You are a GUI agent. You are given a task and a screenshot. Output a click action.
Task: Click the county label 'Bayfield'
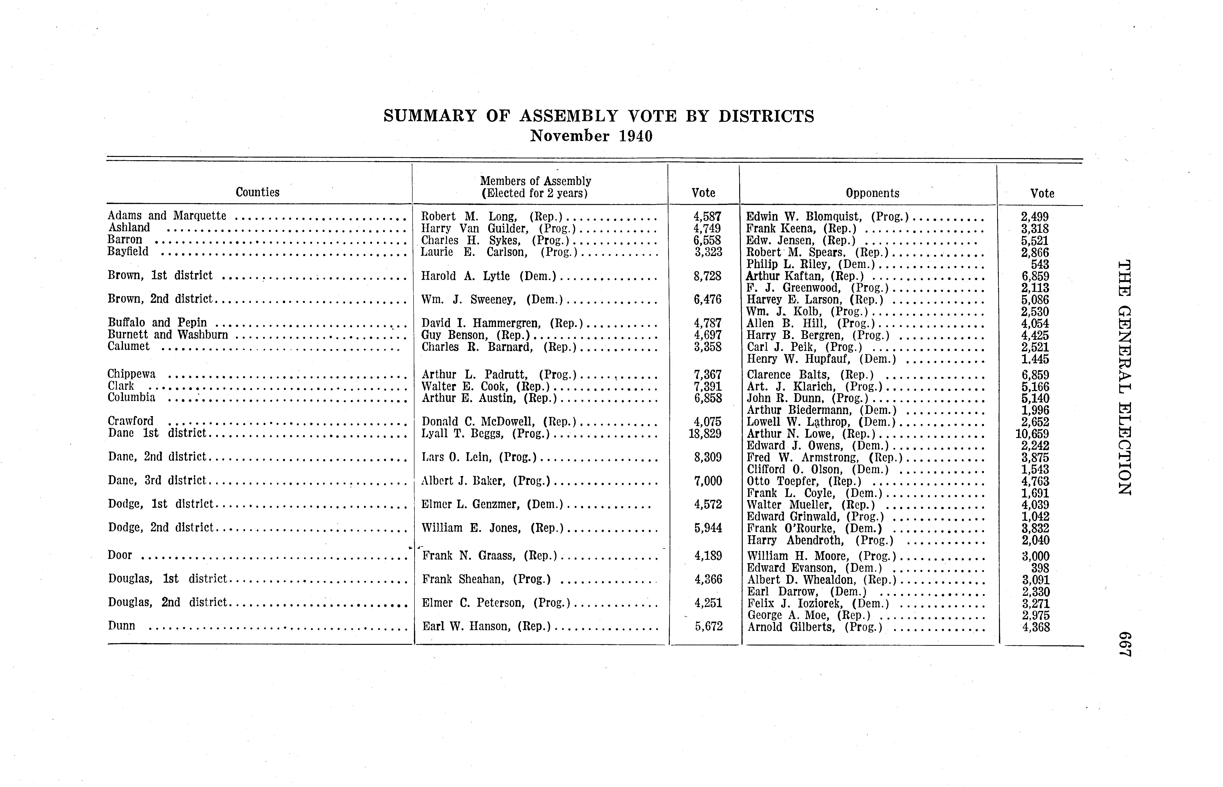128,251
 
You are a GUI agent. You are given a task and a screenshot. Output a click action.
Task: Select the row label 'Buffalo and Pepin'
157,323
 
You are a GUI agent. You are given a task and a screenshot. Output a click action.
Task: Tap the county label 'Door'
120,555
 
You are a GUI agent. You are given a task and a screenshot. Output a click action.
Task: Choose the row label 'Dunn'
122,626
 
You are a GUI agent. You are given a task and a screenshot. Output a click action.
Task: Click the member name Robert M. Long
468,216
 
